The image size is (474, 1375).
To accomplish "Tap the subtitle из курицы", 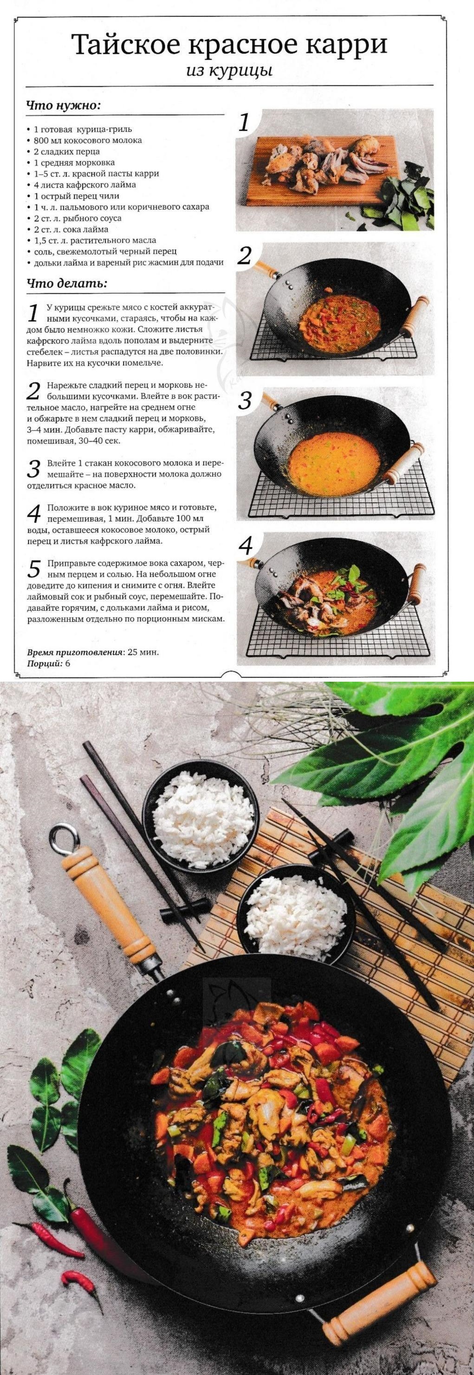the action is tap(229, 71).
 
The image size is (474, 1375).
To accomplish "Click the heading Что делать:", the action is tap(67, 283).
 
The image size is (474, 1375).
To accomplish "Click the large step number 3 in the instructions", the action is tap(33, 470).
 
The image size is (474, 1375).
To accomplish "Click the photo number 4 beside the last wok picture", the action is tap(245, 546).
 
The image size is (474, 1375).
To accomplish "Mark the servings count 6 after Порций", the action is tap(68, 664).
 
